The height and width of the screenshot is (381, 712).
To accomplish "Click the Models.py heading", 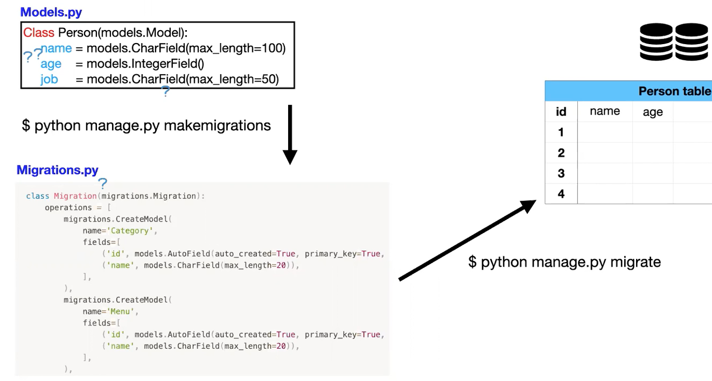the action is tap(51, 12).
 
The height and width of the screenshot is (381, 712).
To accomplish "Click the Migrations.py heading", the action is tap(58, 170).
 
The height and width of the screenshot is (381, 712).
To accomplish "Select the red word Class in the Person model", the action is tap(38, 33).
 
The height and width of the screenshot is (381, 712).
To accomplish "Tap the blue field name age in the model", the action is tap(51, 64).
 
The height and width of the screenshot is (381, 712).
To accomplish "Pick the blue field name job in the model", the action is tap(49, 80).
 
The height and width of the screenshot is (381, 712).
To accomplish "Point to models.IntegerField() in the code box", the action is tap(145, 64).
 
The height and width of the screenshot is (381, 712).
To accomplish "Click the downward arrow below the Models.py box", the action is tap(290, 135).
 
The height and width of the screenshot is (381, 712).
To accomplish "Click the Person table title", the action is tap(674, 91).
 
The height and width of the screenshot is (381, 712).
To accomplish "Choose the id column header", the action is tap(561, 112).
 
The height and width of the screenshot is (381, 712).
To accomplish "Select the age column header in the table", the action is tap(652, 112).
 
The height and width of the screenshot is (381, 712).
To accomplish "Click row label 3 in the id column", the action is tap(561, 173).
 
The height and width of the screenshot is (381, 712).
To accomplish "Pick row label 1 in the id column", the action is tap(561, 132).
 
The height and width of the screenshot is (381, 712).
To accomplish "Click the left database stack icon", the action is tap(656, 41).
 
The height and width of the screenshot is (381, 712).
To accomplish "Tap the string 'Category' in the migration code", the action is tap(131, 231).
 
